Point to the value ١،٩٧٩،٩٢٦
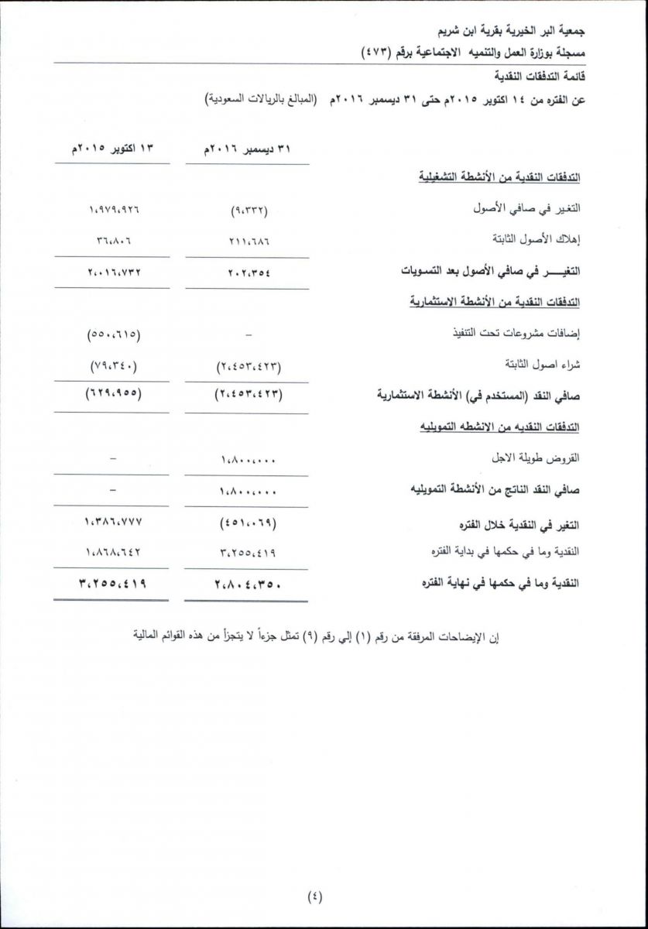click(x=113, y=210)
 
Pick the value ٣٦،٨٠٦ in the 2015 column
click(x=113, y=240)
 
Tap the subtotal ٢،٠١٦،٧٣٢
click(x=113, y=272)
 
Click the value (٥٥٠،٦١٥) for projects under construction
click(x=113, y=334)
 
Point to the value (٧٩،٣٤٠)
click(x=113, y=365)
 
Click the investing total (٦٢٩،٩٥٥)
click(x=113, y=393)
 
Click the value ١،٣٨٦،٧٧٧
click(x=113, y=522)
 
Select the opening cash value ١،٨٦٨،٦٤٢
click(x=113, y=551)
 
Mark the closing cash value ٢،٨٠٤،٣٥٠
click(x=247, y=583)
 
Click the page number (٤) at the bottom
click(x=315, y=896)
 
